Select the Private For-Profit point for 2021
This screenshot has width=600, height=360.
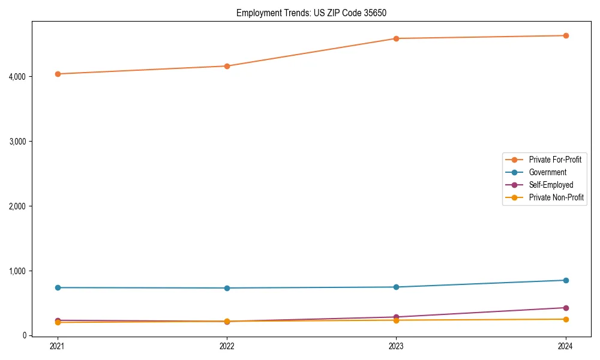(x=58, y=74)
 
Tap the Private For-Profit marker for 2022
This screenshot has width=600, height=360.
(x=227, y=66)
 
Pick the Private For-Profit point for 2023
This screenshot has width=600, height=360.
(x=397, y=38)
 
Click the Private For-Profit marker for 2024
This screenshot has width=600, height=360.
(x=566, y=35)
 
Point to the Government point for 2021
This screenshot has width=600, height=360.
(x=58, y=287)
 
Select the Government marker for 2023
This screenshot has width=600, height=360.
(x=397, y=287)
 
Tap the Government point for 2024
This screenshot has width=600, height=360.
(x=566, y=280)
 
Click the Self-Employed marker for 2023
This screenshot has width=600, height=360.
(x=397, y=317)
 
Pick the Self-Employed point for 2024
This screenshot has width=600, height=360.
(x=566, y=308)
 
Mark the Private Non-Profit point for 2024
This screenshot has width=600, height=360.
(x=566, y=319)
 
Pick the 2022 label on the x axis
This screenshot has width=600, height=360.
(x=227, y=346)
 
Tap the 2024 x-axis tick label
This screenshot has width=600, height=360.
(x=566, y=346)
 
